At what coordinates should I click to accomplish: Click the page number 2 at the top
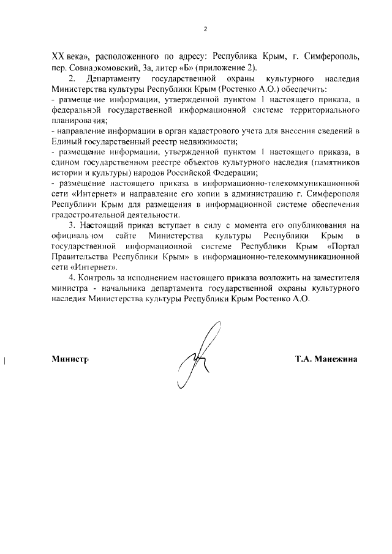[x=206, y=29]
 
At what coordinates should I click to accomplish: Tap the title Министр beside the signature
[x=70, y=359]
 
